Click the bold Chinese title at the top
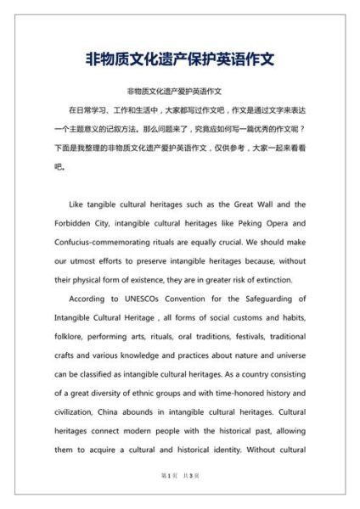(x=180, y=60)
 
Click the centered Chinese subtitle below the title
(x=180, y=92)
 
